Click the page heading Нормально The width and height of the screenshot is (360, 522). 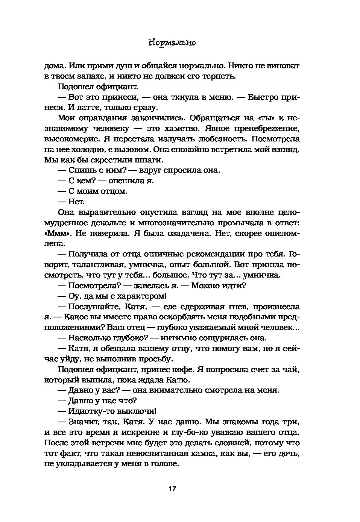click(x=172, y=42)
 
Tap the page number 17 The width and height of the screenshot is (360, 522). click(x=172, y=489)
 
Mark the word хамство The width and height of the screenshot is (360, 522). click(x=176, y=129)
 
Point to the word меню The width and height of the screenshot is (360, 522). click(x=219, y=97)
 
